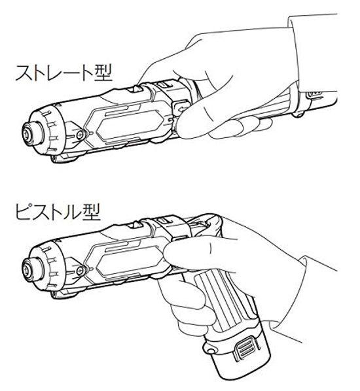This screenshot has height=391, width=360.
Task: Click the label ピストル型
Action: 57,214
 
